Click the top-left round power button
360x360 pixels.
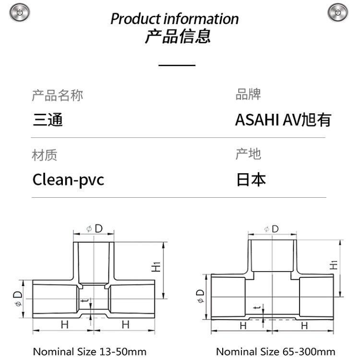click(20, 12)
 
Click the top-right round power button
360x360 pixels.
click(337, 12)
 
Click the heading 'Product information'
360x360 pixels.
click(175, 19)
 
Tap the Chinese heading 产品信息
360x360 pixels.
click(178, 36)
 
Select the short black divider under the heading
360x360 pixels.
click(177, 65)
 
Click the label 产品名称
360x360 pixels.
click(58, 96)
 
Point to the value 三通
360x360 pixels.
click(48, 120)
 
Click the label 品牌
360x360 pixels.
click(248, 94)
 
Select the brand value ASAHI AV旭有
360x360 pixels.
click(283, 120)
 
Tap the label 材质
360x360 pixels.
click(45, 155)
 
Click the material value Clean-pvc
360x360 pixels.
click(69, 180)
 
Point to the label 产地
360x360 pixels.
click(249, 154)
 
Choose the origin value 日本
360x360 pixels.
click(251, 180)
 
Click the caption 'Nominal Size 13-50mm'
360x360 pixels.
click(90, 351)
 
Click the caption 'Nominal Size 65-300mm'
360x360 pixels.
click(276, 351)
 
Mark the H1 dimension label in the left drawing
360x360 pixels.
click(156, 267)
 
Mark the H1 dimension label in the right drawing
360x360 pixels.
click(334, 265)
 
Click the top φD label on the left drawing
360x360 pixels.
click(95, 228)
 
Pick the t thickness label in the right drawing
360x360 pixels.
click(258, 307)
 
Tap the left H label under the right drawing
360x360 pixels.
click(243, 326)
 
